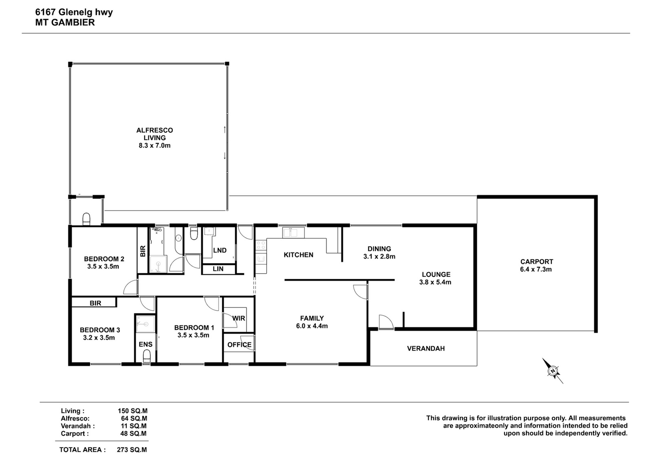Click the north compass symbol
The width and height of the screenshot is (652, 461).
coord(552,371)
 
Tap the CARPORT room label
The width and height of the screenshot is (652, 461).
coord(537,262)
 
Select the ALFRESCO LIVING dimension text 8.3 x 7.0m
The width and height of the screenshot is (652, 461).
coord(154,145)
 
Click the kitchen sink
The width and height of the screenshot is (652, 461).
coord(293,233)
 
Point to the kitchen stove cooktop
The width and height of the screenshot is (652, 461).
coord(261,246)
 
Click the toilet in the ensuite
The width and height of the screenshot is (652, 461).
coord(147,356)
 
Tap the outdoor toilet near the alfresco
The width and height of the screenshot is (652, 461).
coord(86,219)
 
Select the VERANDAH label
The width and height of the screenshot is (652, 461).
coord(426,349)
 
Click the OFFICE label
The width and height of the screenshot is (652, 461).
coord(239,345)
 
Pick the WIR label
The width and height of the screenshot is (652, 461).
coord(239,318)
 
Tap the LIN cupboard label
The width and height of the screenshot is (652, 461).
coord(218,269)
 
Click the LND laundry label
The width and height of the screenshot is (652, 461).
coord(220,250)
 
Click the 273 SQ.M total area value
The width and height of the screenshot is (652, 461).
coord(132,450)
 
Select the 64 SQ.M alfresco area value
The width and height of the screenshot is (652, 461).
coord(134,419)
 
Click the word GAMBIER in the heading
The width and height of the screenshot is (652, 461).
coord(73,22)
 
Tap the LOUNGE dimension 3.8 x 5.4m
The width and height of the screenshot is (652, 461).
coord(435,282)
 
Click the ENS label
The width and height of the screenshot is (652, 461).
coord(145,345)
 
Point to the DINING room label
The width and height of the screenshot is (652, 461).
coord(379,249)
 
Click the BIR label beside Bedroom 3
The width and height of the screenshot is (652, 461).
coord(95,303)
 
